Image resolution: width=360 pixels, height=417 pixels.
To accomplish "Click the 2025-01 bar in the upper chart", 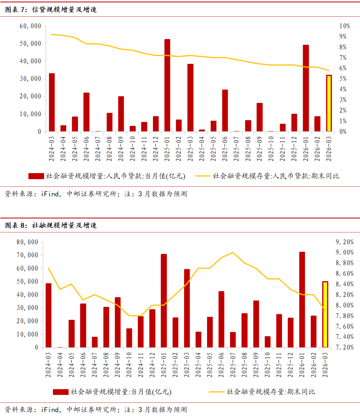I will point(167,85).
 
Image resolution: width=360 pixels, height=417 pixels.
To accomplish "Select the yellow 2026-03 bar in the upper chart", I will point(329,103).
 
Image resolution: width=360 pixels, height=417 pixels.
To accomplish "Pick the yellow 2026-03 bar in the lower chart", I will point(325,315).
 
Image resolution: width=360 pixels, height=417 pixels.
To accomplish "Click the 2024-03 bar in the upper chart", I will point(52,102).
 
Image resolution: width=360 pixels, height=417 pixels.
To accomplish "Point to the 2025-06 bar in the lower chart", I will point(221,319).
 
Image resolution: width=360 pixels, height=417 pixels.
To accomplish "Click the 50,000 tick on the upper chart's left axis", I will point(30,44).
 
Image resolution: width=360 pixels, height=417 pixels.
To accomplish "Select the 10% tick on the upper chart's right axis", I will point(345,26).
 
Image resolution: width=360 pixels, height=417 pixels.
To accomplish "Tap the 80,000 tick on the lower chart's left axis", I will point(27,242).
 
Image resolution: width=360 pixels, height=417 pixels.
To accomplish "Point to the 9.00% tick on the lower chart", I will point(345,253).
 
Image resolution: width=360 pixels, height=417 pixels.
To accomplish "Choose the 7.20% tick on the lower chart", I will point(345,347).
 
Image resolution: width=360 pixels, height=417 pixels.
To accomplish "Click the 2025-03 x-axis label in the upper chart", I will point(190,149).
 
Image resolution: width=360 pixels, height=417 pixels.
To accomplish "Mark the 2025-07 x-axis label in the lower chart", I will point(233,365).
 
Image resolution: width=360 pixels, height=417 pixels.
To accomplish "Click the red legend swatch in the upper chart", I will point(36,176).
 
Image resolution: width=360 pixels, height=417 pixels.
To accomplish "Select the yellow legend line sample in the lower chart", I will point(217,392).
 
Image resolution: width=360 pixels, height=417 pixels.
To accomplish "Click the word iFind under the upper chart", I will point(50,194).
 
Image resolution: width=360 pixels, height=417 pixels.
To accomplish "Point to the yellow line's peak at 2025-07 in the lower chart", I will point(233,253).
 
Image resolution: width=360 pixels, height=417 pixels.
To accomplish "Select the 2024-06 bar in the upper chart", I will point(86,112).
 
